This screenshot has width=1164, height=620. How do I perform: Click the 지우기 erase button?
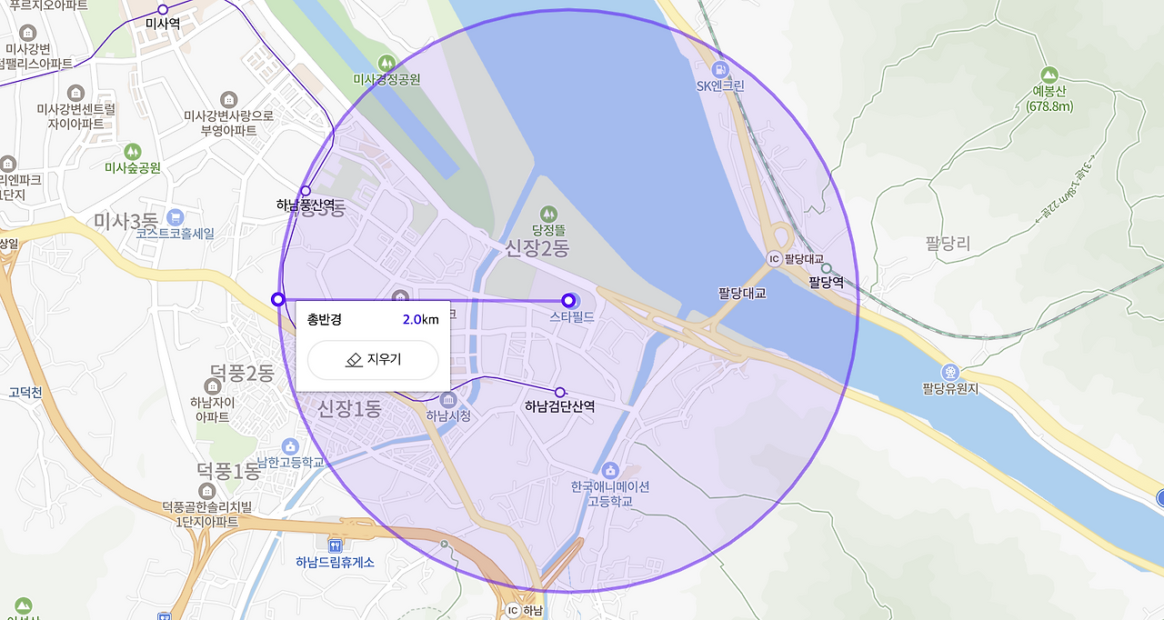click(x=373, y=360)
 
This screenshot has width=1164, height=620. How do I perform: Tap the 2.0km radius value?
click(x=420, y=319)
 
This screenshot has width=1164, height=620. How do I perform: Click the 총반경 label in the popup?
click(x=324, y=319)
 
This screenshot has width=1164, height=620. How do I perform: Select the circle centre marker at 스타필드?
click(x=568, y=300)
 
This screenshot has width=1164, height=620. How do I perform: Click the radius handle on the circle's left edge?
click(x=278, y=299)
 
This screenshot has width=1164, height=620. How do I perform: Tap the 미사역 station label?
click(x=163, y=24)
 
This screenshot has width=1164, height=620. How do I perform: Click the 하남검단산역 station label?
click(x=559, y=406)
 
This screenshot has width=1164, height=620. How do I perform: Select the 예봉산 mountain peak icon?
click(x=1049, y=75)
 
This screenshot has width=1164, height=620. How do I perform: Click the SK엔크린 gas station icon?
click(x=720, y=68)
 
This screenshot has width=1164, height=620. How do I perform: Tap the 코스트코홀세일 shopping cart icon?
click(x=175, y=216)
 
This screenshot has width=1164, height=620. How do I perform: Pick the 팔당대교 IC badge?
click(x=774, y=259)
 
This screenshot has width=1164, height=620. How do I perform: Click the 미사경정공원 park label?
click(x=386, y=79)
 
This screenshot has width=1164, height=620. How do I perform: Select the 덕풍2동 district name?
click(x=242, y=373)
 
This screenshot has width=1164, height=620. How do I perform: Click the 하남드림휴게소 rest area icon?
click(x=336, y=545)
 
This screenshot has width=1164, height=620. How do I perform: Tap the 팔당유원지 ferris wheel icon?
click(x=950, y=372)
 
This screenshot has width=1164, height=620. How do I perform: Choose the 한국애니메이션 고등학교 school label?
click(x=609, y=493)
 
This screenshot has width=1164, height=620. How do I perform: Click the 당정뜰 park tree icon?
click(x=549, y=213)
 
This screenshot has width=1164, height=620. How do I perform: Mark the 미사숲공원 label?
click(x=133, y=167)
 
